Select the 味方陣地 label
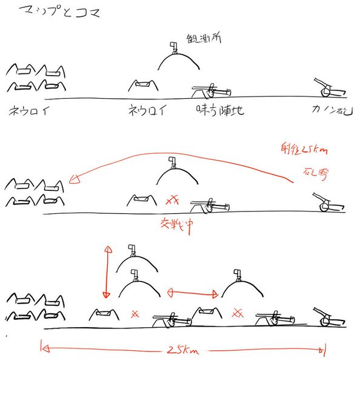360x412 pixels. pos(220,111)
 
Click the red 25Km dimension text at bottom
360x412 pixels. pos(181,350)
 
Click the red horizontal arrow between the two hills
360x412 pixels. pos(192,293)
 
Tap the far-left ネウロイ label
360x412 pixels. pos(29,111)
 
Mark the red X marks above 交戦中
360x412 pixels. pos(174,199)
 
